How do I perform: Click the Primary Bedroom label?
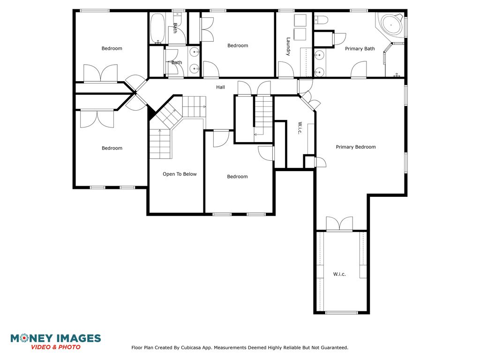356,147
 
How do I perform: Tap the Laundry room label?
288,46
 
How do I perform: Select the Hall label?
220,87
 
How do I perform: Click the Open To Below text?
180,174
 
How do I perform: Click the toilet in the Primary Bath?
321,20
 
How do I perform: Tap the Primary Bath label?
360,49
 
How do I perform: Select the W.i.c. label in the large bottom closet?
339,274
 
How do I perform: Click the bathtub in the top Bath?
158,28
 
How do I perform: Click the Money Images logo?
56,342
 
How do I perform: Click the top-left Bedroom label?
112,48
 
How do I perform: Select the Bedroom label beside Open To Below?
237,177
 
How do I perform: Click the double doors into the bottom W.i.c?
339,224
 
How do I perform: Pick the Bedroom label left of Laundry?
238,45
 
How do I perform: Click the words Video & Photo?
56,347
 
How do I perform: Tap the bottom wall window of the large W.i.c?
341,313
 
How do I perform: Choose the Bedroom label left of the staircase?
112,148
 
